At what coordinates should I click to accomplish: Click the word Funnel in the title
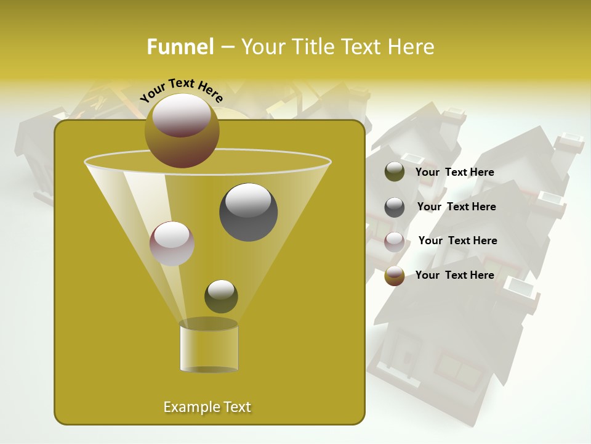(180, 47)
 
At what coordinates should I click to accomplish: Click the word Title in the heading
(312, 47)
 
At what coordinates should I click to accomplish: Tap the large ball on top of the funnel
(182, 131)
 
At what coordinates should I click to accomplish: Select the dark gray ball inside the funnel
(248, 212)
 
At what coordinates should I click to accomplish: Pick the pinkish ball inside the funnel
(172, 244)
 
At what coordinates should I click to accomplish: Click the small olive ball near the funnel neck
(221, 296)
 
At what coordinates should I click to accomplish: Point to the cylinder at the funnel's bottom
(209, 347)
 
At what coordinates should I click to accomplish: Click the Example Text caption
(207, 407)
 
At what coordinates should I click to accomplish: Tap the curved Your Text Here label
(181, 90)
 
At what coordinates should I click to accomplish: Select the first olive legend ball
(395, 172)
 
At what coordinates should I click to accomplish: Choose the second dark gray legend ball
(395, 207)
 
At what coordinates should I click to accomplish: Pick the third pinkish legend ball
(395, 242)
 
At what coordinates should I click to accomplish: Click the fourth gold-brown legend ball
(395, 276)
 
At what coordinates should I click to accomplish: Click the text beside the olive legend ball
(454, 172)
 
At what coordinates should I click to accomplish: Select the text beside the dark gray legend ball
(456, 207)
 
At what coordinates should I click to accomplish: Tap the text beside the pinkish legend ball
(457, 240)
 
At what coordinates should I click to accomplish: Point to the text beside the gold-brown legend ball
(454, 275)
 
